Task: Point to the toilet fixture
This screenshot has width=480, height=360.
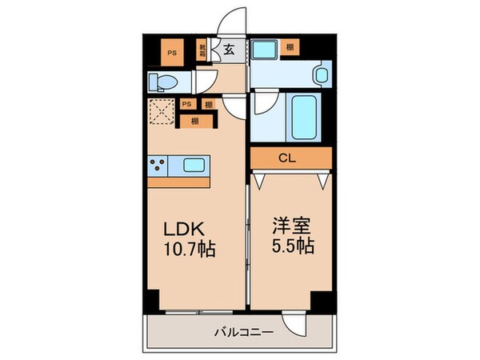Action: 163,80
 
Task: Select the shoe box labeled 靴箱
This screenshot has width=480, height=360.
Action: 206,52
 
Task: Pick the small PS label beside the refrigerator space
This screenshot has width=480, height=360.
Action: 186,104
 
